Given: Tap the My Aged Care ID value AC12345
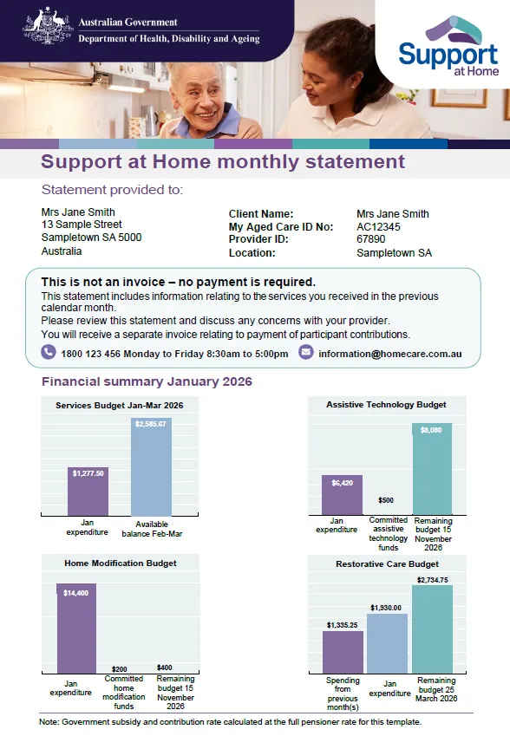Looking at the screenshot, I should (x=378, y=227).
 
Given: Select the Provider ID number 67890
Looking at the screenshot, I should (x=370, y=240).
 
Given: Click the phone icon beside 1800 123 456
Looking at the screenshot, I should (x=49, y=352).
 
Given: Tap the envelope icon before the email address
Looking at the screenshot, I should (x=305, y=352).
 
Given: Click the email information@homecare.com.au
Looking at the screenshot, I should (x=389, y=354).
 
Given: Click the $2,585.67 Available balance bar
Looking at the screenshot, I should (x=151, y=468).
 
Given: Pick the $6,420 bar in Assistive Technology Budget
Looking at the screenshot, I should (x=342, y=496).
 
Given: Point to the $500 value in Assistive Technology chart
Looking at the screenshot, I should (x=386, y=500).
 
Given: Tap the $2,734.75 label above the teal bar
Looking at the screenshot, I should (x=432, y=579).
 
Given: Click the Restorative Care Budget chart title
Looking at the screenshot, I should (x=386, y=563).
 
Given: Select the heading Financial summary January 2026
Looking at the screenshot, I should (x=147, y=381).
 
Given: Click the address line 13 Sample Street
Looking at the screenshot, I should (x=82, y=225).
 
